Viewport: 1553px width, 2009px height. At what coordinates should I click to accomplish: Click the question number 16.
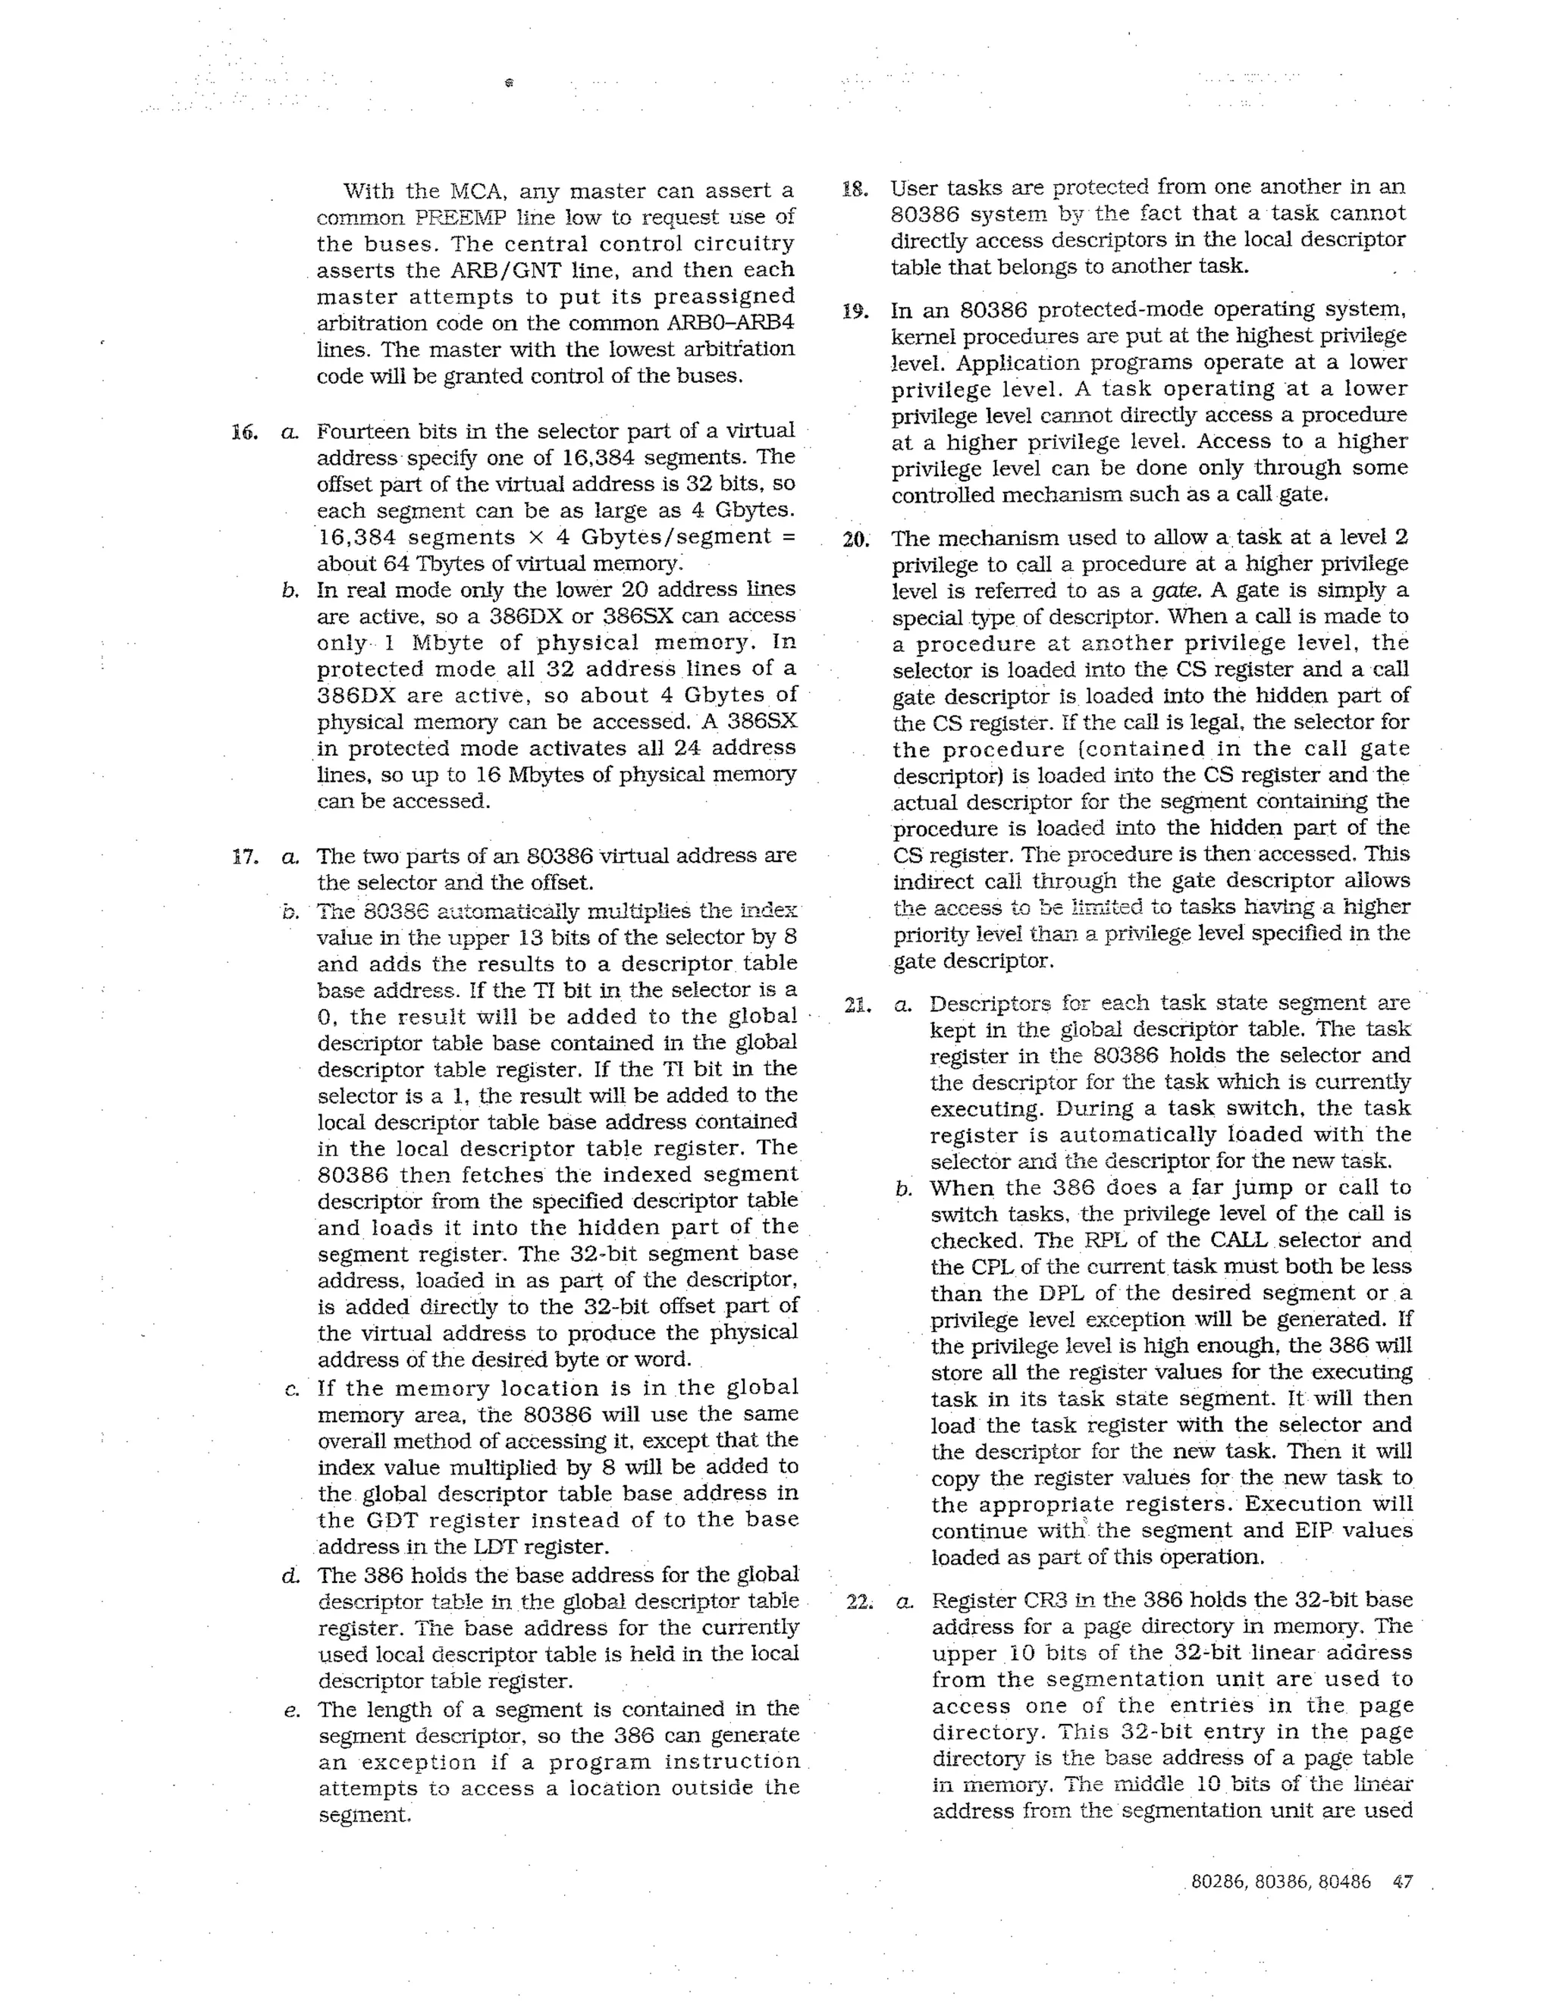pyautogui.click(x=244, y=432)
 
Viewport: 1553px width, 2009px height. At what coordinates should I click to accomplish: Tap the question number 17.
pyautogui.click(x=244, y=857)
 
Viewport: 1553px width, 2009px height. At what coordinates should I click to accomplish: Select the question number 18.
pyautogui.click(x=855, y=190)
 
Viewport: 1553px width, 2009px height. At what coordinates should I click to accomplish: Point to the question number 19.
pyautogui.click(x=855, y=312)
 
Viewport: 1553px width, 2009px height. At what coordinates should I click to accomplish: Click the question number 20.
pyautogui.click(x=855, y=540)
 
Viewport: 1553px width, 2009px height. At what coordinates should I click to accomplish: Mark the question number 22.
pyautogui.click(x=858, y=1601)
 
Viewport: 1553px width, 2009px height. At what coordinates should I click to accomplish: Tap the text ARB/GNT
pyautogui.click(x=502, y=271)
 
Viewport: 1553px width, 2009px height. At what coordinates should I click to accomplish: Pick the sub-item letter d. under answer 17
pyautogui.click(x=290, y=1576)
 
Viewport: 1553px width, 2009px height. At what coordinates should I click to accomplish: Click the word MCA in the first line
pyautogui.click(x=474, y=191)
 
